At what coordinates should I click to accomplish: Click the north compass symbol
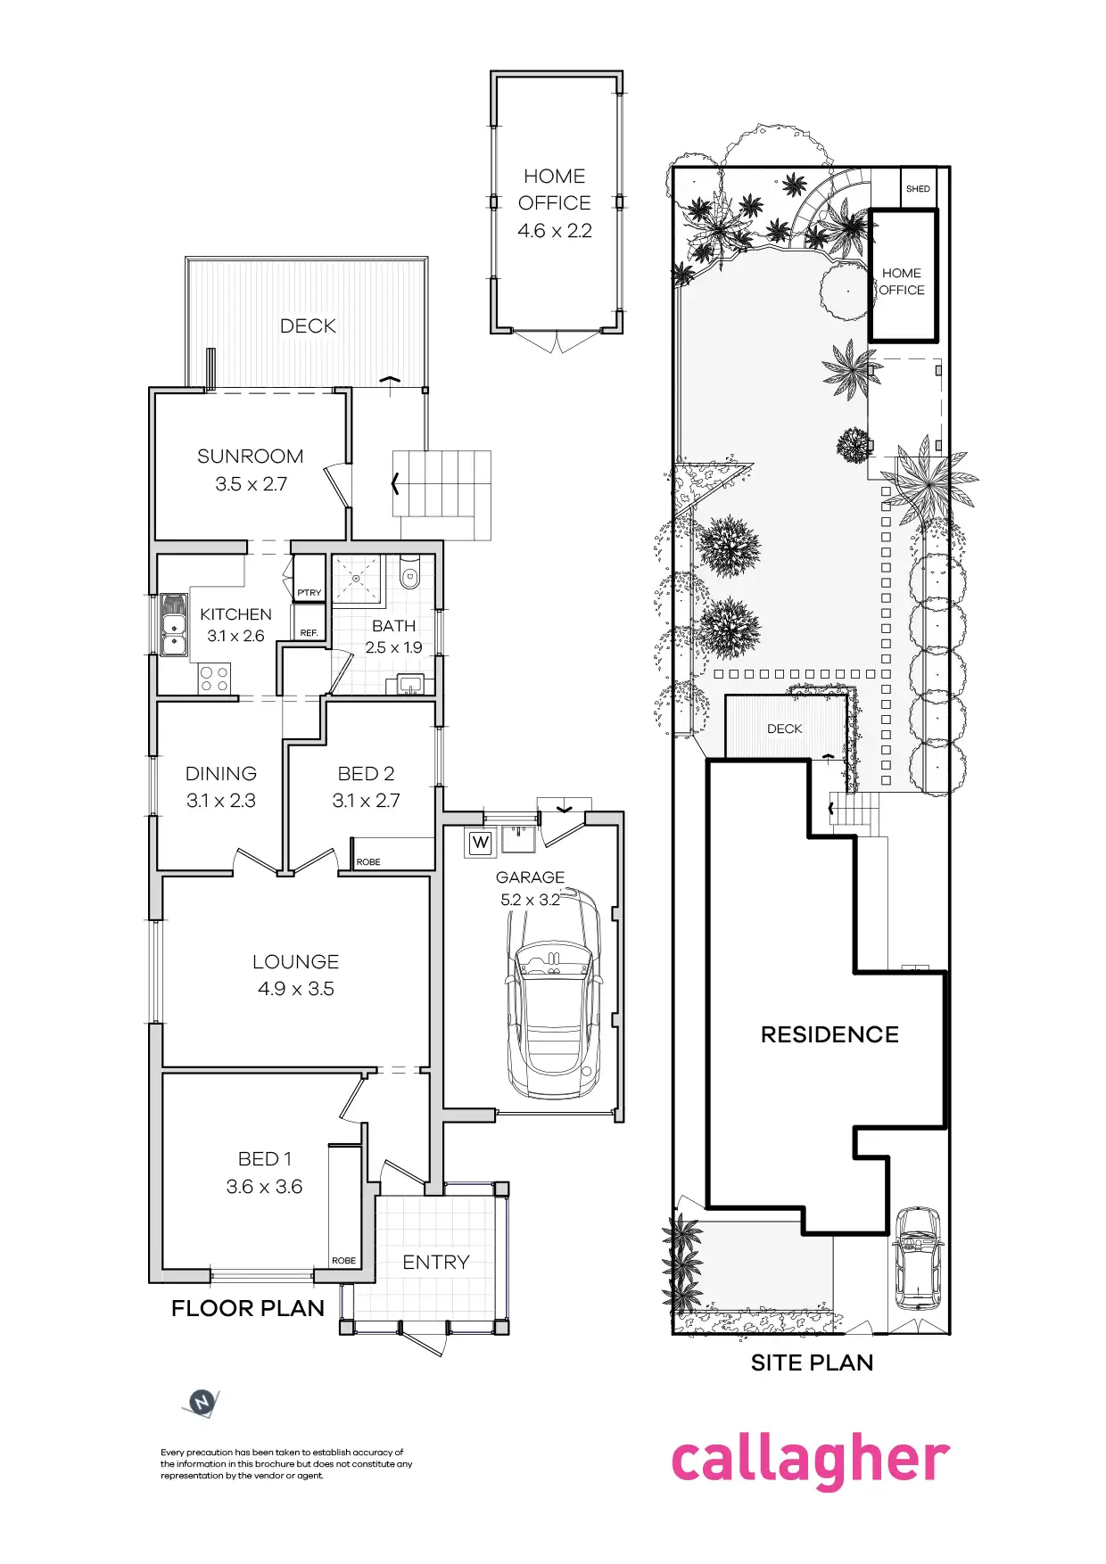202,1403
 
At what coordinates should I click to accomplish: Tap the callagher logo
810,1462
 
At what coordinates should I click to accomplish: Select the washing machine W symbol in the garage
481,842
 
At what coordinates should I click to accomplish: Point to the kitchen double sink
173,624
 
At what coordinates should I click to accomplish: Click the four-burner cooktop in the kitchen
214,679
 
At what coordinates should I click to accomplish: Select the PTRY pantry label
310,592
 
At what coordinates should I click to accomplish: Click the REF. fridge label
309,633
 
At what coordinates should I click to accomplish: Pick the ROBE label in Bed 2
368,862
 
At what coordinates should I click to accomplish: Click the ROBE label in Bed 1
343,1261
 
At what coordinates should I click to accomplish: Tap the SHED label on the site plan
918,189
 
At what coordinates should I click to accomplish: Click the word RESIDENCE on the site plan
829,1034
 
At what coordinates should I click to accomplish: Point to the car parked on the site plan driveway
918,1257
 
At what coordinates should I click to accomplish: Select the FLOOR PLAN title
248,1308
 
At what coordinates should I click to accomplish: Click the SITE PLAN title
812,1362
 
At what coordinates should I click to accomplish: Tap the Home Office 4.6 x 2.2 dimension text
555,231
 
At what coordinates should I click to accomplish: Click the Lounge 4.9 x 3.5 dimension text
296,989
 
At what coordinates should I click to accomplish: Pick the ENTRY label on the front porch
435,1262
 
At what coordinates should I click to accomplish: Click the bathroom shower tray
356,578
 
